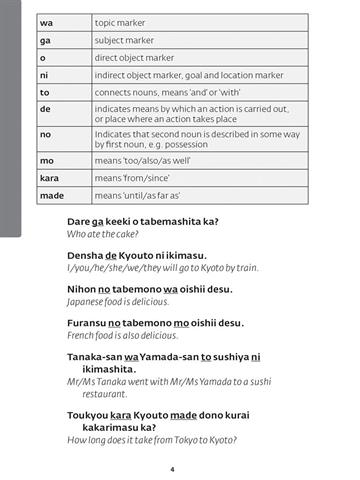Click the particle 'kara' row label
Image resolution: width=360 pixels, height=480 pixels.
click(49, 177)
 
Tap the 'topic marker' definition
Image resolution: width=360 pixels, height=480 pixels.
click(117, 21)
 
